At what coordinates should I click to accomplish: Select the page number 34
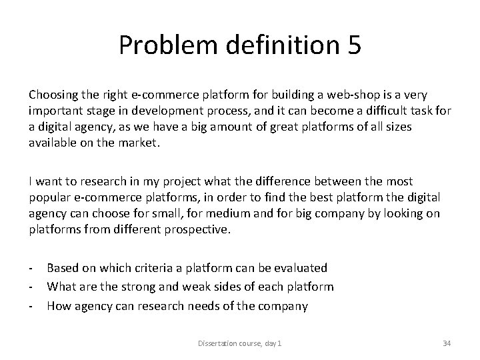pos(447,343)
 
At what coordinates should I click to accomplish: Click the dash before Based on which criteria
pos(33,268)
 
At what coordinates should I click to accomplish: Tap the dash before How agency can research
pos(33,307)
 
